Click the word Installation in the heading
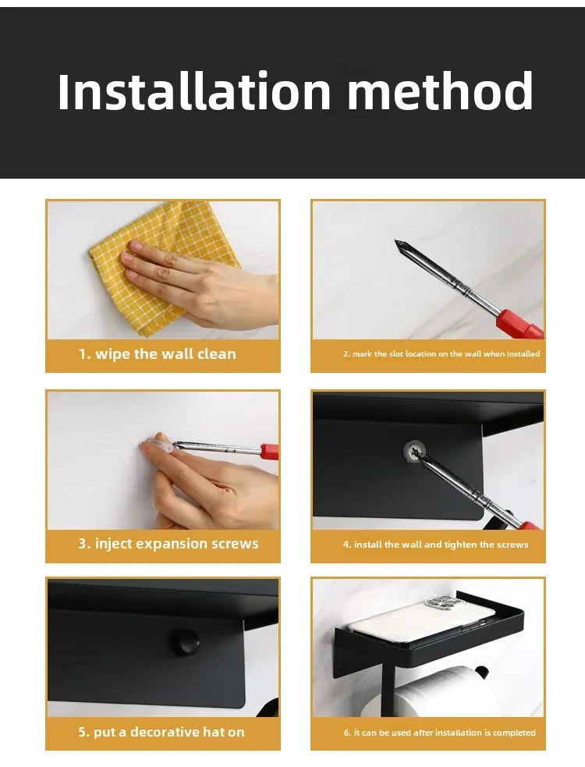tap(194, 91)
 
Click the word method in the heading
tap(440, 91)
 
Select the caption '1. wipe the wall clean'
tap(158, 353)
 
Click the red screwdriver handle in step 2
tap(520, 325)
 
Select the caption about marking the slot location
tap(441, 353)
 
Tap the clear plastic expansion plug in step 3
tap(161, 446)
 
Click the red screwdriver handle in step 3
tap(270, 451)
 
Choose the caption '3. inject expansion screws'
tap(168, 544)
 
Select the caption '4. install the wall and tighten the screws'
tap(436, 545)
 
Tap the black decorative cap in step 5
tap(184, 641)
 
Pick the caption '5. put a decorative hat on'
tap(161, 732)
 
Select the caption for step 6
tap(440, 733)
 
